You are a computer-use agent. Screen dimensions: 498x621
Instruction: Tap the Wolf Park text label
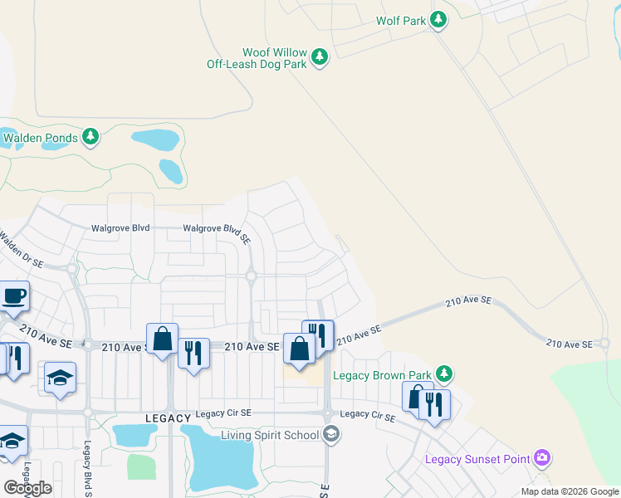pos(400,21)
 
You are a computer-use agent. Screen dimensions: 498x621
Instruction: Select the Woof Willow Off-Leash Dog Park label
pos(257,57)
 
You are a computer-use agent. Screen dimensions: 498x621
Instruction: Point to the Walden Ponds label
pos(40,138)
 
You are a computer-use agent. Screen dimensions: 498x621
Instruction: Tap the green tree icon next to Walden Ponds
pos(90,137)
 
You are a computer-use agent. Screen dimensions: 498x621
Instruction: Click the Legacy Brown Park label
pos(383,375)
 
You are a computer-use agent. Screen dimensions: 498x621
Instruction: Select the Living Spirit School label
pos(270,435)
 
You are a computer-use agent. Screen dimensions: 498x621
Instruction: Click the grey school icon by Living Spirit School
pos(330,434)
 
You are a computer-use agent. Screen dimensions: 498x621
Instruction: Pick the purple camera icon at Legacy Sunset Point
pos(543,457)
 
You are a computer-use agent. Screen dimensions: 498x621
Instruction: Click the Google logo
pos(27,488)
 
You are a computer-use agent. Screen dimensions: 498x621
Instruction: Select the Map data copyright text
pos(569,491)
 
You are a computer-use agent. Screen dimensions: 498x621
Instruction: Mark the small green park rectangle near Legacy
pos(141,466)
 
